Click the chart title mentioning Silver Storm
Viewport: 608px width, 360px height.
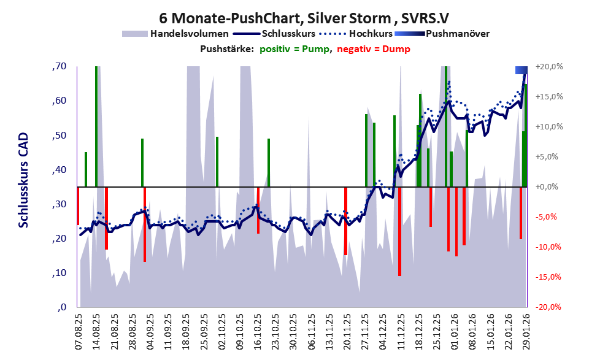tap(304, 18)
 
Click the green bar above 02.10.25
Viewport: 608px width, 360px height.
tap(217, 161)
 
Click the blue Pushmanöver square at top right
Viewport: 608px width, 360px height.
tap(521, 70)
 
